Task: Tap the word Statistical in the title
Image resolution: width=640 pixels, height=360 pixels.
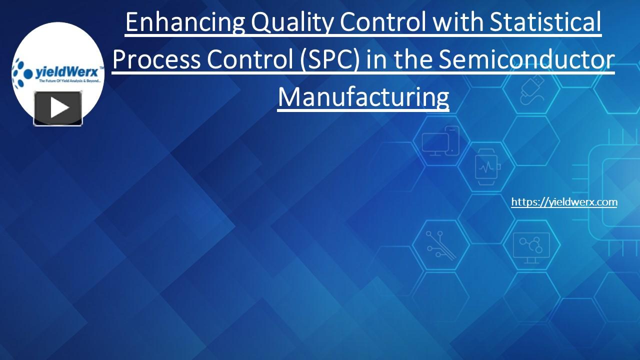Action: click(545, 22)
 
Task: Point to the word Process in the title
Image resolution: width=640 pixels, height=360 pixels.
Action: click(156, 60)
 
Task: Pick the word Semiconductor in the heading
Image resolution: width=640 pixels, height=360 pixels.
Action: click(526, 60)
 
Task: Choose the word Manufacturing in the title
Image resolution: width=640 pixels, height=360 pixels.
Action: click(363, 97)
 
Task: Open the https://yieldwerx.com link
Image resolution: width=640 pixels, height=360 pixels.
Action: click(564, 202)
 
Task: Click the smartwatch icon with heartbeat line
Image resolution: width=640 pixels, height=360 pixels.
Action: click(486, 168)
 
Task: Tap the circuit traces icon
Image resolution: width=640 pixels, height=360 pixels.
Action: click(440, 245)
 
